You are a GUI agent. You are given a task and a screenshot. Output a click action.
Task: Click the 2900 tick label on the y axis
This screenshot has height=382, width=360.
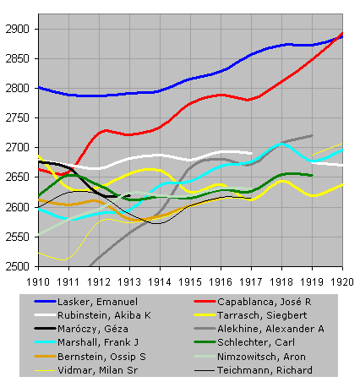[x=18, y=29]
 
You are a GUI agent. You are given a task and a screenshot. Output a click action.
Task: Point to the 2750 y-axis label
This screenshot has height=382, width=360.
[x=18, y=117]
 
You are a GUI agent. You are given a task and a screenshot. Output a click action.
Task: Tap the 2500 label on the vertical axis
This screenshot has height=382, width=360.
[x=18, y=266]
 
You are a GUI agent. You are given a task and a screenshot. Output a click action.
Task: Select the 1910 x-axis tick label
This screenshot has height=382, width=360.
[x=38, y=281]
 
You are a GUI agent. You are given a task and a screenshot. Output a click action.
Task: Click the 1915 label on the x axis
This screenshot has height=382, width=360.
[x=190, y=281]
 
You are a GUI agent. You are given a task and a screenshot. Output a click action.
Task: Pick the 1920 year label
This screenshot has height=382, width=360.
[x=342, y=281]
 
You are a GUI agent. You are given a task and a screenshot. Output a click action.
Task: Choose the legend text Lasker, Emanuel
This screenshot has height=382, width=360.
[x=97, y=302]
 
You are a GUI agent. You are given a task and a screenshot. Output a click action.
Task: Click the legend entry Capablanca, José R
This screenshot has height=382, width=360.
[x=265, y=302]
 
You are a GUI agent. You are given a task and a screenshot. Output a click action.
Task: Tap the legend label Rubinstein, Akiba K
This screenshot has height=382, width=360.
[x=104, y=315]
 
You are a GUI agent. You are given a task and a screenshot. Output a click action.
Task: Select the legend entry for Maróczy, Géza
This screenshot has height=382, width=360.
[x=93, y=329]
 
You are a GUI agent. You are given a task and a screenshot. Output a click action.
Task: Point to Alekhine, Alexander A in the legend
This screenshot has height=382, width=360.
[x=270, y=329]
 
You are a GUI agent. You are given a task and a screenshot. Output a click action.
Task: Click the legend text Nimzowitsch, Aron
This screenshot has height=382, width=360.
[x=261, y=357]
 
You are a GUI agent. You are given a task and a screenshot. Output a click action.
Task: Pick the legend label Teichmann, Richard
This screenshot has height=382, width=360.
[x=265, y=370]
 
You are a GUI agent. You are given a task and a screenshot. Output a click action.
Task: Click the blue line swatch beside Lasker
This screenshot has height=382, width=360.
[x=45, y=302]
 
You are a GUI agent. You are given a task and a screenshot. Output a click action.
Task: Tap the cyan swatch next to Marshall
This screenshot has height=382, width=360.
[x=45, y=342]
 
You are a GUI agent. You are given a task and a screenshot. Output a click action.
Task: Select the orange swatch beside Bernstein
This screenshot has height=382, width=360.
[x=45, y=357]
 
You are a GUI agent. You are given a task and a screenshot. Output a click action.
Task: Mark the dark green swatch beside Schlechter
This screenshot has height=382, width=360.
[x=205, y=342]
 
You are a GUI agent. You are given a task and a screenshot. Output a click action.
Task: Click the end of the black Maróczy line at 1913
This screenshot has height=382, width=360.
[x=129, y=195]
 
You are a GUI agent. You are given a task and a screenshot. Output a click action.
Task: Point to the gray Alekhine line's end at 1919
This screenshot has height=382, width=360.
[x=312, y=135]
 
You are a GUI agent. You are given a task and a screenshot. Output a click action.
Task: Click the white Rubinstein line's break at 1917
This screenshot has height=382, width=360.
[x=252, y=153]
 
